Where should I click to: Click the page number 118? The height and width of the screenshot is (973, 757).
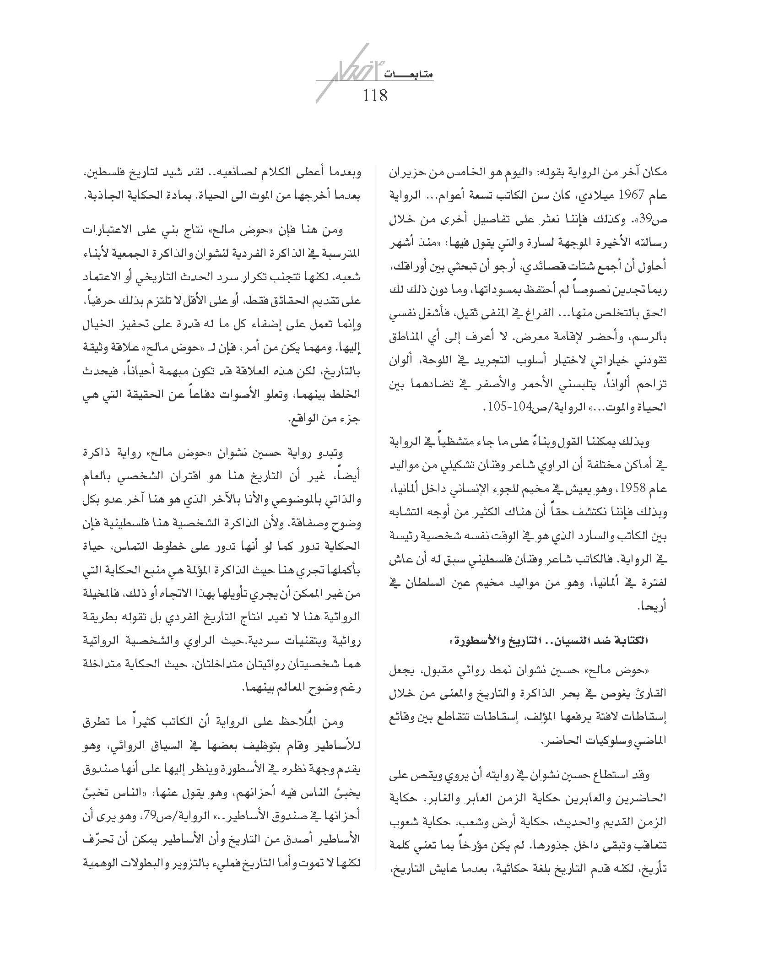click(x=375, y=96)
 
